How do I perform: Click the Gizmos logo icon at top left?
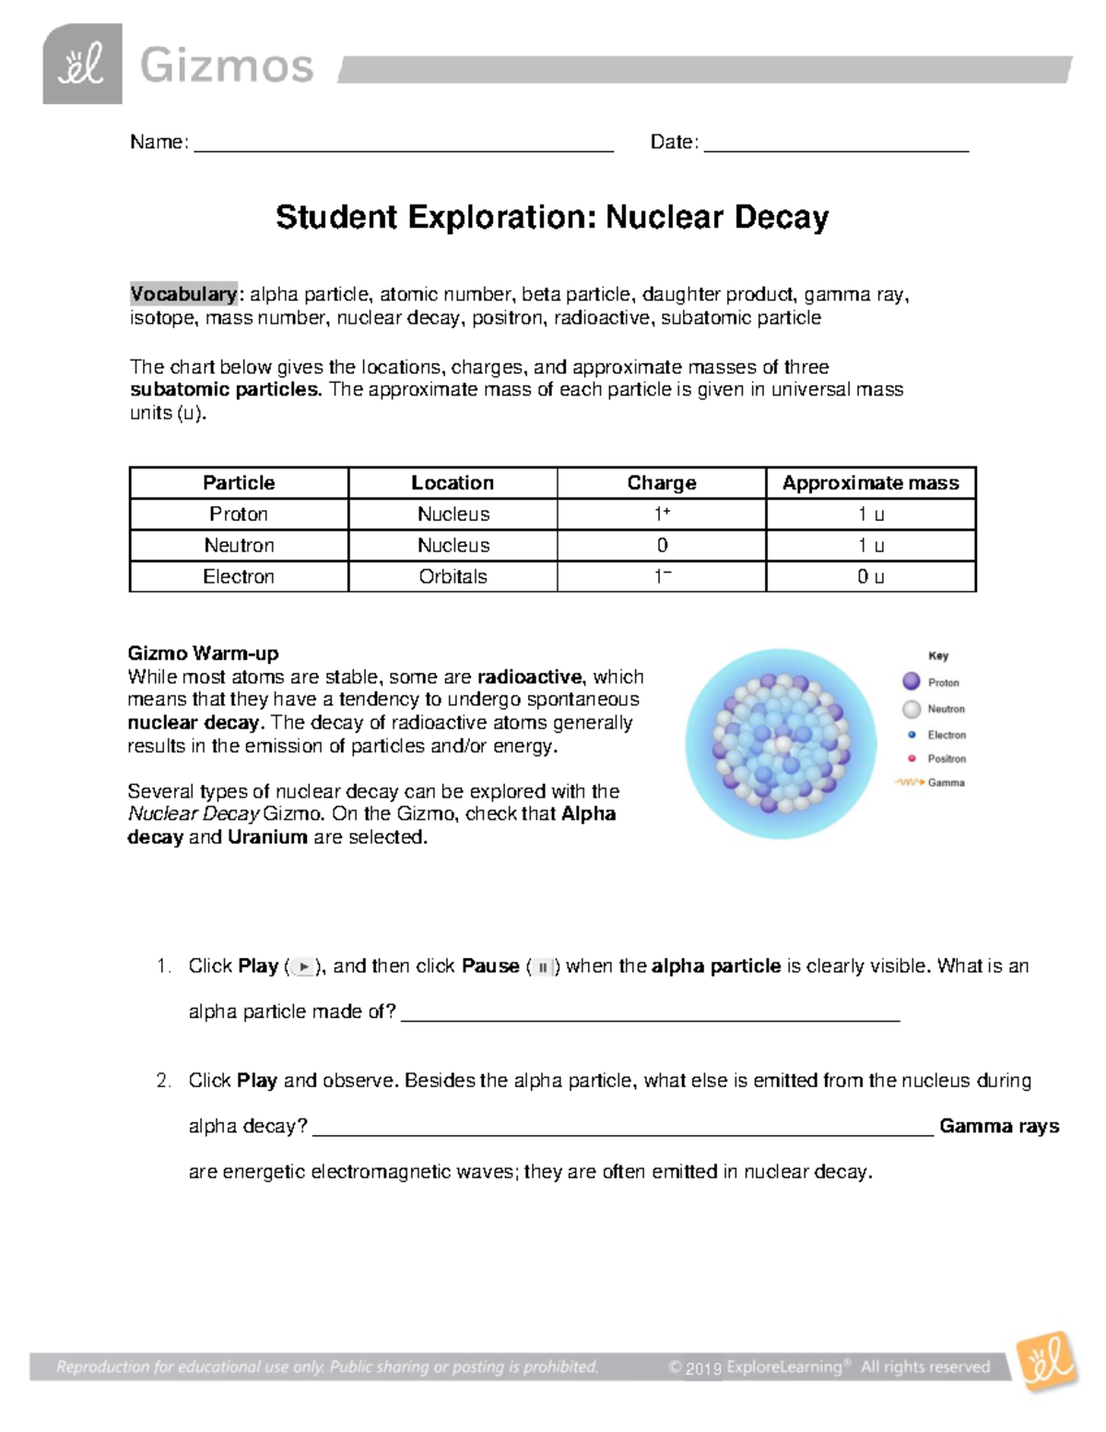pos(82,64)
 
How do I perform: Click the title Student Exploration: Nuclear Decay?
pos(552,218)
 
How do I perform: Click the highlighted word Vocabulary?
pos(183,294)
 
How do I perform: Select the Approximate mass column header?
pos(870,483)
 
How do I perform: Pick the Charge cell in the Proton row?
pos(661,515)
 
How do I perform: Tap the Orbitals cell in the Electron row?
pos(453,577)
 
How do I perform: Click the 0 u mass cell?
pos(870,577)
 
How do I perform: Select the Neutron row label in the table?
pos(239,546)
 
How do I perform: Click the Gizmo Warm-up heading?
pos(203,654)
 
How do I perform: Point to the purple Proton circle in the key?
pos(912,681)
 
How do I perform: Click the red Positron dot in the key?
pos(912,758)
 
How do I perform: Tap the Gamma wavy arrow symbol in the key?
pos(909,782)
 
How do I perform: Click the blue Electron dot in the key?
pos(912,735)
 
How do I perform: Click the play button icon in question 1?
pos(303,967)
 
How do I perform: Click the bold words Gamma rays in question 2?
pos(999,1127)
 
